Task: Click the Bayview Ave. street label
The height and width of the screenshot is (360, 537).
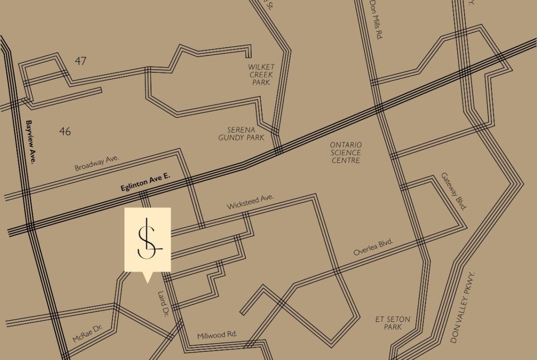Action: point(31,142)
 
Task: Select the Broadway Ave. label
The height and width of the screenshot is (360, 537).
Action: point(97,163)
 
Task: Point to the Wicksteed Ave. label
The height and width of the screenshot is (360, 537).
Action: point(250,201)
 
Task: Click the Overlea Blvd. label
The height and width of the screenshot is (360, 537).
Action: point(373,248)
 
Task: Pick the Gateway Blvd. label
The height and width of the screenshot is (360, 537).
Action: point(454,191)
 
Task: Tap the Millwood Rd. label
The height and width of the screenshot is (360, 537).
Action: point(217,335)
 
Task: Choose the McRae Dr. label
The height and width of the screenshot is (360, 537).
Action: point(87,333)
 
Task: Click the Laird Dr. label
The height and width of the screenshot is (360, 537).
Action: point(163,304)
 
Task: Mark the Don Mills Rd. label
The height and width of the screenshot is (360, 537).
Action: point(376,20)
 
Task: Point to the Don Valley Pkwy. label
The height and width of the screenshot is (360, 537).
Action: point(462,307)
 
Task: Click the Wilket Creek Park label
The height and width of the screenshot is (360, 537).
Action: point(261,75)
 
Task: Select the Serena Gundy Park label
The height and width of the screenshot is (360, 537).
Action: point(241,133)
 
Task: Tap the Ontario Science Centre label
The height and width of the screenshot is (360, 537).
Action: point(346,153)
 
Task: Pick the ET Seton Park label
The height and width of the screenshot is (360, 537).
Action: point(393,323)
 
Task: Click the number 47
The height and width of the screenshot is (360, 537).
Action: point(80,61)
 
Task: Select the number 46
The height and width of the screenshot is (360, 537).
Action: point(65,132)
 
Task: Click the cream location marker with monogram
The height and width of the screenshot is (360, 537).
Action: point(148,239)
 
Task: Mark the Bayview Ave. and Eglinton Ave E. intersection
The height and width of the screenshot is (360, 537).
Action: point(30,227)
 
